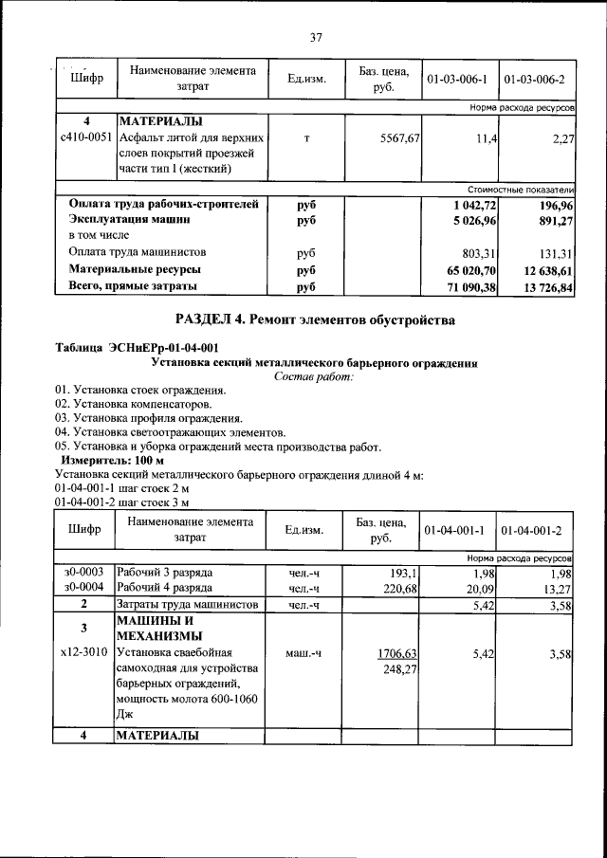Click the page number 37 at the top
pos(317,37)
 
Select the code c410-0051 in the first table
pos(86,138)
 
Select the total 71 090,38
pos(465,287)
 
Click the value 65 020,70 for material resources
pos(465,270)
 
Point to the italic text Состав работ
pos(313,376)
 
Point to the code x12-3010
pos(85,653)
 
